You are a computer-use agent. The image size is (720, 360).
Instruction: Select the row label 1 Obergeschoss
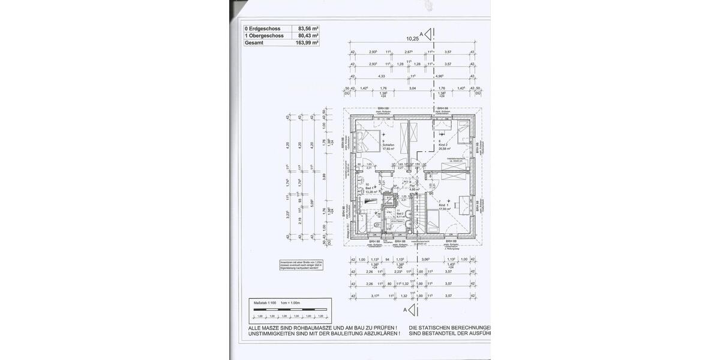262,35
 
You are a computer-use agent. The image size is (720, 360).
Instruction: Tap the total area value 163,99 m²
307,43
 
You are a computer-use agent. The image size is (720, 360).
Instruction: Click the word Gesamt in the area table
255,43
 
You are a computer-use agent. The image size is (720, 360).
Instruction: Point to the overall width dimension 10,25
412,39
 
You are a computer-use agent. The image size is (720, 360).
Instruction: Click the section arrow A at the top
427,35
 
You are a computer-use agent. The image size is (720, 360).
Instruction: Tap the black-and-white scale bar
288,310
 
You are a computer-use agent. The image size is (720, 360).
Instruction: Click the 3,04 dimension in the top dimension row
412,88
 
